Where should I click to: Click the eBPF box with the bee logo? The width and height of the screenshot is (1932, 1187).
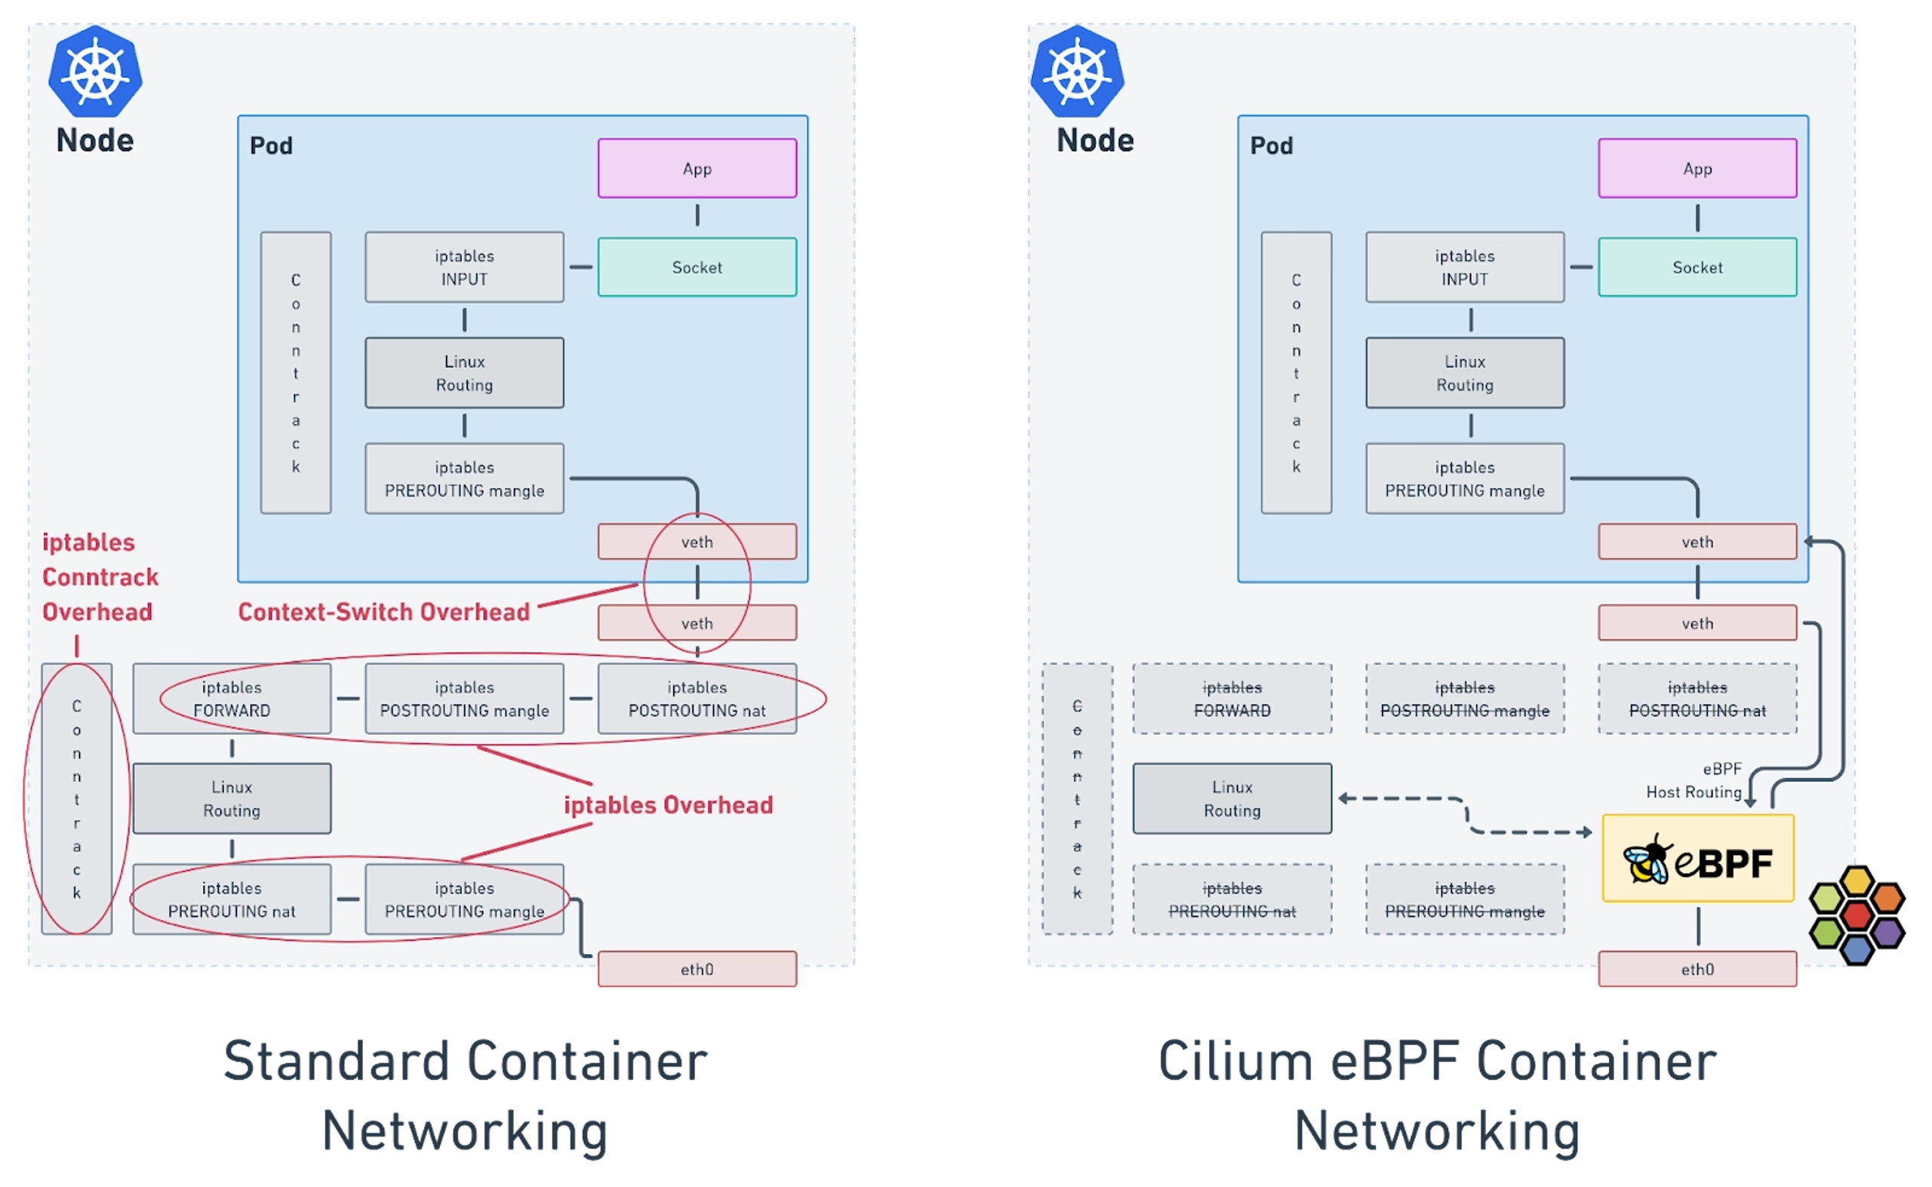(1697, 858)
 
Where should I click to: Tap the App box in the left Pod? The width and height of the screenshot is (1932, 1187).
(697, 168)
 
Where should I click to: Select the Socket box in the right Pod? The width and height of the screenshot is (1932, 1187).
(1697, 267)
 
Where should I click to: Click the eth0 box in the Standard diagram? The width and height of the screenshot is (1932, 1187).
(697, 969)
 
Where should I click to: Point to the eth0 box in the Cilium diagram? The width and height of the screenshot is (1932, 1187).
(1697, 969)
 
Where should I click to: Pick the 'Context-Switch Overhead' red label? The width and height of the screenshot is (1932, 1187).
(384, 611)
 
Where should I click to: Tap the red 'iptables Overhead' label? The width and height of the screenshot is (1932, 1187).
(668, 804)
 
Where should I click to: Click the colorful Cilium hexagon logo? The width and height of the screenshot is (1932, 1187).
(1855, 913)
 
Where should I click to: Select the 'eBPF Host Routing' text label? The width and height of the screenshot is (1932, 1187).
(1694, 780)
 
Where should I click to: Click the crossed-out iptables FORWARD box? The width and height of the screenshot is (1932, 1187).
(1232, 699)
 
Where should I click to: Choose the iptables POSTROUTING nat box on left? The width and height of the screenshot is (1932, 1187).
(697, 699)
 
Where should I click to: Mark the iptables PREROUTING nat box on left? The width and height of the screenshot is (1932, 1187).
(232, 899)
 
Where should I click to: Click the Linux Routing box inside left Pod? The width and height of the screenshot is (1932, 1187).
(464, 373)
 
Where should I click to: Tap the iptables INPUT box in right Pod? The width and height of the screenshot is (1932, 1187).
(1464, 267)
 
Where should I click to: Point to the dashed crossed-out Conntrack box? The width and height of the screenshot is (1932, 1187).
(1077, 798)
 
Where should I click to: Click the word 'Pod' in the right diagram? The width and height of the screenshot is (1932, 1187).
(1271, 145)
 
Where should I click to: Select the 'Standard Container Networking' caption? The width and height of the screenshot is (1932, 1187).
(465, 1095)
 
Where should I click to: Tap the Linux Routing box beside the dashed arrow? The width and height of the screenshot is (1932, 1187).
(1232, 798)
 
